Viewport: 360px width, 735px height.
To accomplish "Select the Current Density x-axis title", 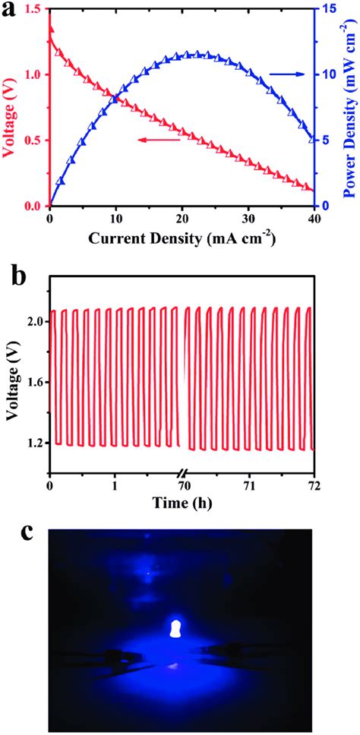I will (x=181, y=239).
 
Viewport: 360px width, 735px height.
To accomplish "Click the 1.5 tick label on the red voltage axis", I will (x=33, y=10).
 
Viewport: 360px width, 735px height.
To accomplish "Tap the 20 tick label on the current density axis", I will (x=181, y=219).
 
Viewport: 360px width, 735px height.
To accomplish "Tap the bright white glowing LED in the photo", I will (x=176, y=629).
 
